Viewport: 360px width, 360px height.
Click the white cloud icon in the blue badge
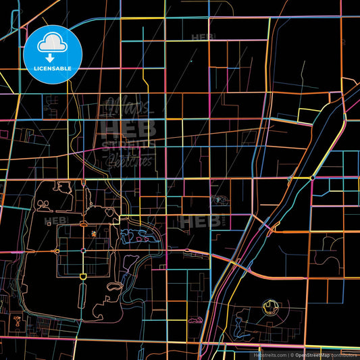52,42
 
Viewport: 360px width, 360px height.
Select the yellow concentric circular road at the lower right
269,307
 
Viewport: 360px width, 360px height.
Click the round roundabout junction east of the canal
312,178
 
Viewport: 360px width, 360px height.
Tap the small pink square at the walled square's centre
83,251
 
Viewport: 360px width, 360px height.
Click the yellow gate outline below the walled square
83,277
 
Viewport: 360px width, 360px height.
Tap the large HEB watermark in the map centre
127,128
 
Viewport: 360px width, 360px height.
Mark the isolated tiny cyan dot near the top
191,61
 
